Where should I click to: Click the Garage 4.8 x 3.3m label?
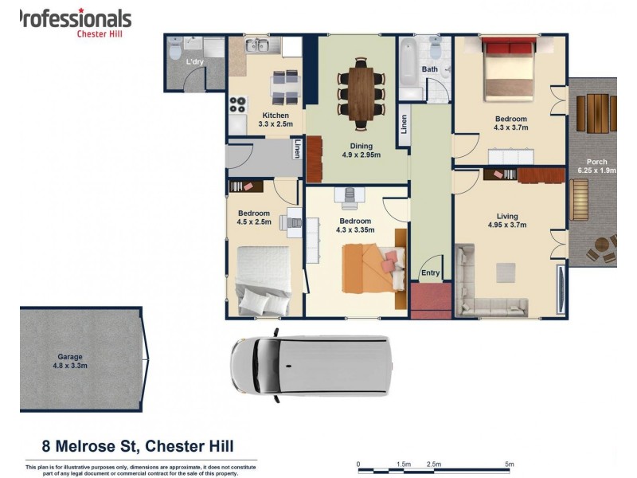[70, 361]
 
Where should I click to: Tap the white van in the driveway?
[311, 366]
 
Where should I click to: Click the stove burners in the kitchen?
[238, 104]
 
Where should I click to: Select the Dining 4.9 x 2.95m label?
[361, 151]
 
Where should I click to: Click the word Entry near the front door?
[431, 272]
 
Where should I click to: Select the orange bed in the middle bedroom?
[370, 268]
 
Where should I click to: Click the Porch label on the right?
[596, 166]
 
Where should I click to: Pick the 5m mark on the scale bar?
[510, 464]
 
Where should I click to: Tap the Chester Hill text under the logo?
[104, 33]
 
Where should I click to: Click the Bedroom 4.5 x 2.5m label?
[254, 217]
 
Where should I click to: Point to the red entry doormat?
[431, 300]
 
